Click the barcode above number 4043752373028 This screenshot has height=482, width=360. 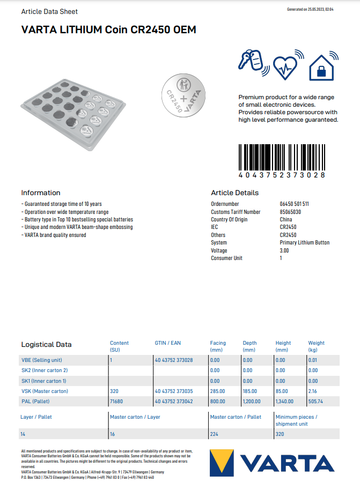(282, 157)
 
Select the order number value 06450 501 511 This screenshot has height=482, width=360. (294, 204)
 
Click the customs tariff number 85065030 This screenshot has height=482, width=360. (290, 212)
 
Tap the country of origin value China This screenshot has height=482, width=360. (286, 219)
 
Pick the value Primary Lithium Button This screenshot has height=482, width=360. (305, 243)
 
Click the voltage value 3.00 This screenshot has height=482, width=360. (284, 250)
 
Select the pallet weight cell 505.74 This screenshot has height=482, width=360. (316, 401)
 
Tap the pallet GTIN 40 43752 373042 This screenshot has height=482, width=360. (174, 401)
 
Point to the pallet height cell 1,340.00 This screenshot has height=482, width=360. (285, 401)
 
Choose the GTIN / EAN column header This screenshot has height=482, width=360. (167, 343)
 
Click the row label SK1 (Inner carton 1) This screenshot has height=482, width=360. (44, 381)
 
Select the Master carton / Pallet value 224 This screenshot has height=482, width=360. (214, 434)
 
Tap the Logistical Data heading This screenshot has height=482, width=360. (46, 344)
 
